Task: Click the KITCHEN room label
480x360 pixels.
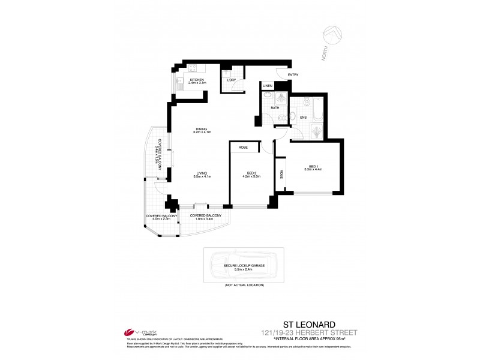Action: pyautogui.click(x=197, y=79)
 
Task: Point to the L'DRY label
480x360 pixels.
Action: pyautogui.click(x=230, y=80)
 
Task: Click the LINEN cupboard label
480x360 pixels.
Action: pyautogui.click(x=268, y=86)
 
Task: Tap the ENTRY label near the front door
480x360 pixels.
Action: pyautogui.click(x=293, y=74)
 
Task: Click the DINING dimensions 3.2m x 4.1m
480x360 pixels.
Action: pyautogui.click(x=200, y=131)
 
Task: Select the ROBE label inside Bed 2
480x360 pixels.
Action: pyautogui.click(x=244, y=146)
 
